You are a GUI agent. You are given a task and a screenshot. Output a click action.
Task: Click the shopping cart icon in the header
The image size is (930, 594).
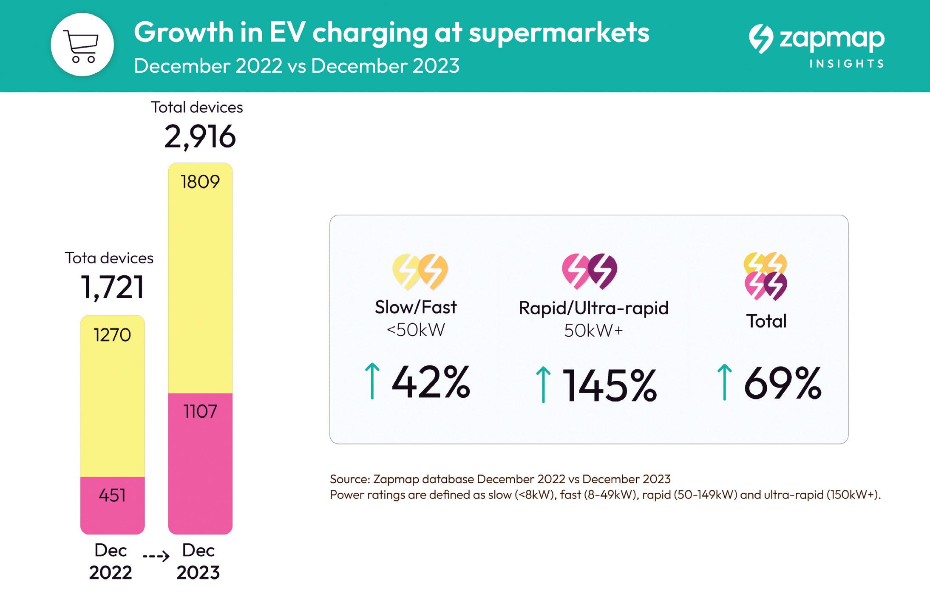82,45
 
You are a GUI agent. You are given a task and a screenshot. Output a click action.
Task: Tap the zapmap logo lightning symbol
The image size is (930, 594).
761,39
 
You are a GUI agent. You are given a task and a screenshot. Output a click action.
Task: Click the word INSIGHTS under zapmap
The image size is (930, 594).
846,64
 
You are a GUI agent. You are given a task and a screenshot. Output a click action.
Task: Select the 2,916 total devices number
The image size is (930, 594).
200,137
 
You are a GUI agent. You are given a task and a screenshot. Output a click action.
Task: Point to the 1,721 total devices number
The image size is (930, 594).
112,288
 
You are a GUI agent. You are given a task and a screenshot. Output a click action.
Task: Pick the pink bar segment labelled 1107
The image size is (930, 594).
200,463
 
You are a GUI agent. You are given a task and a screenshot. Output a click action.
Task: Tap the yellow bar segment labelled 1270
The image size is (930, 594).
112,395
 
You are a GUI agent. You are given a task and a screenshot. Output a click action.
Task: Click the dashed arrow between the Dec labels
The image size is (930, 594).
156,556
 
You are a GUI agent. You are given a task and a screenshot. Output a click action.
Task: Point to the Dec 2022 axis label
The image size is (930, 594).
111,561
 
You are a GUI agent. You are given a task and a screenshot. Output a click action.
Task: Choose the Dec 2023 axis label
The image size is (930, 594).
198,561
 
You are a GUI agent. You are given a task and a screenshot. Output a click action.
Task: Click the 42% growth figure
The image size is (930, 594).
431,382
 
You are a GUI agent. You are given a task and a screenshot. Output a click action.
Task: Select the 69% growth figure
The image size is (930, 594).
783,383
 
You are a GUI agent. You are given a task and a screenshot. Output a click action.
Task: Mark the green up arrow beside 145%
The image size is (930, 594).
543,385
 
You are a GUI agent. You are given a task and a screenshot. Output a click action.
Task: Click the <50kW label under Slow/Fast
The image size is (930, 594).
416,330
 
